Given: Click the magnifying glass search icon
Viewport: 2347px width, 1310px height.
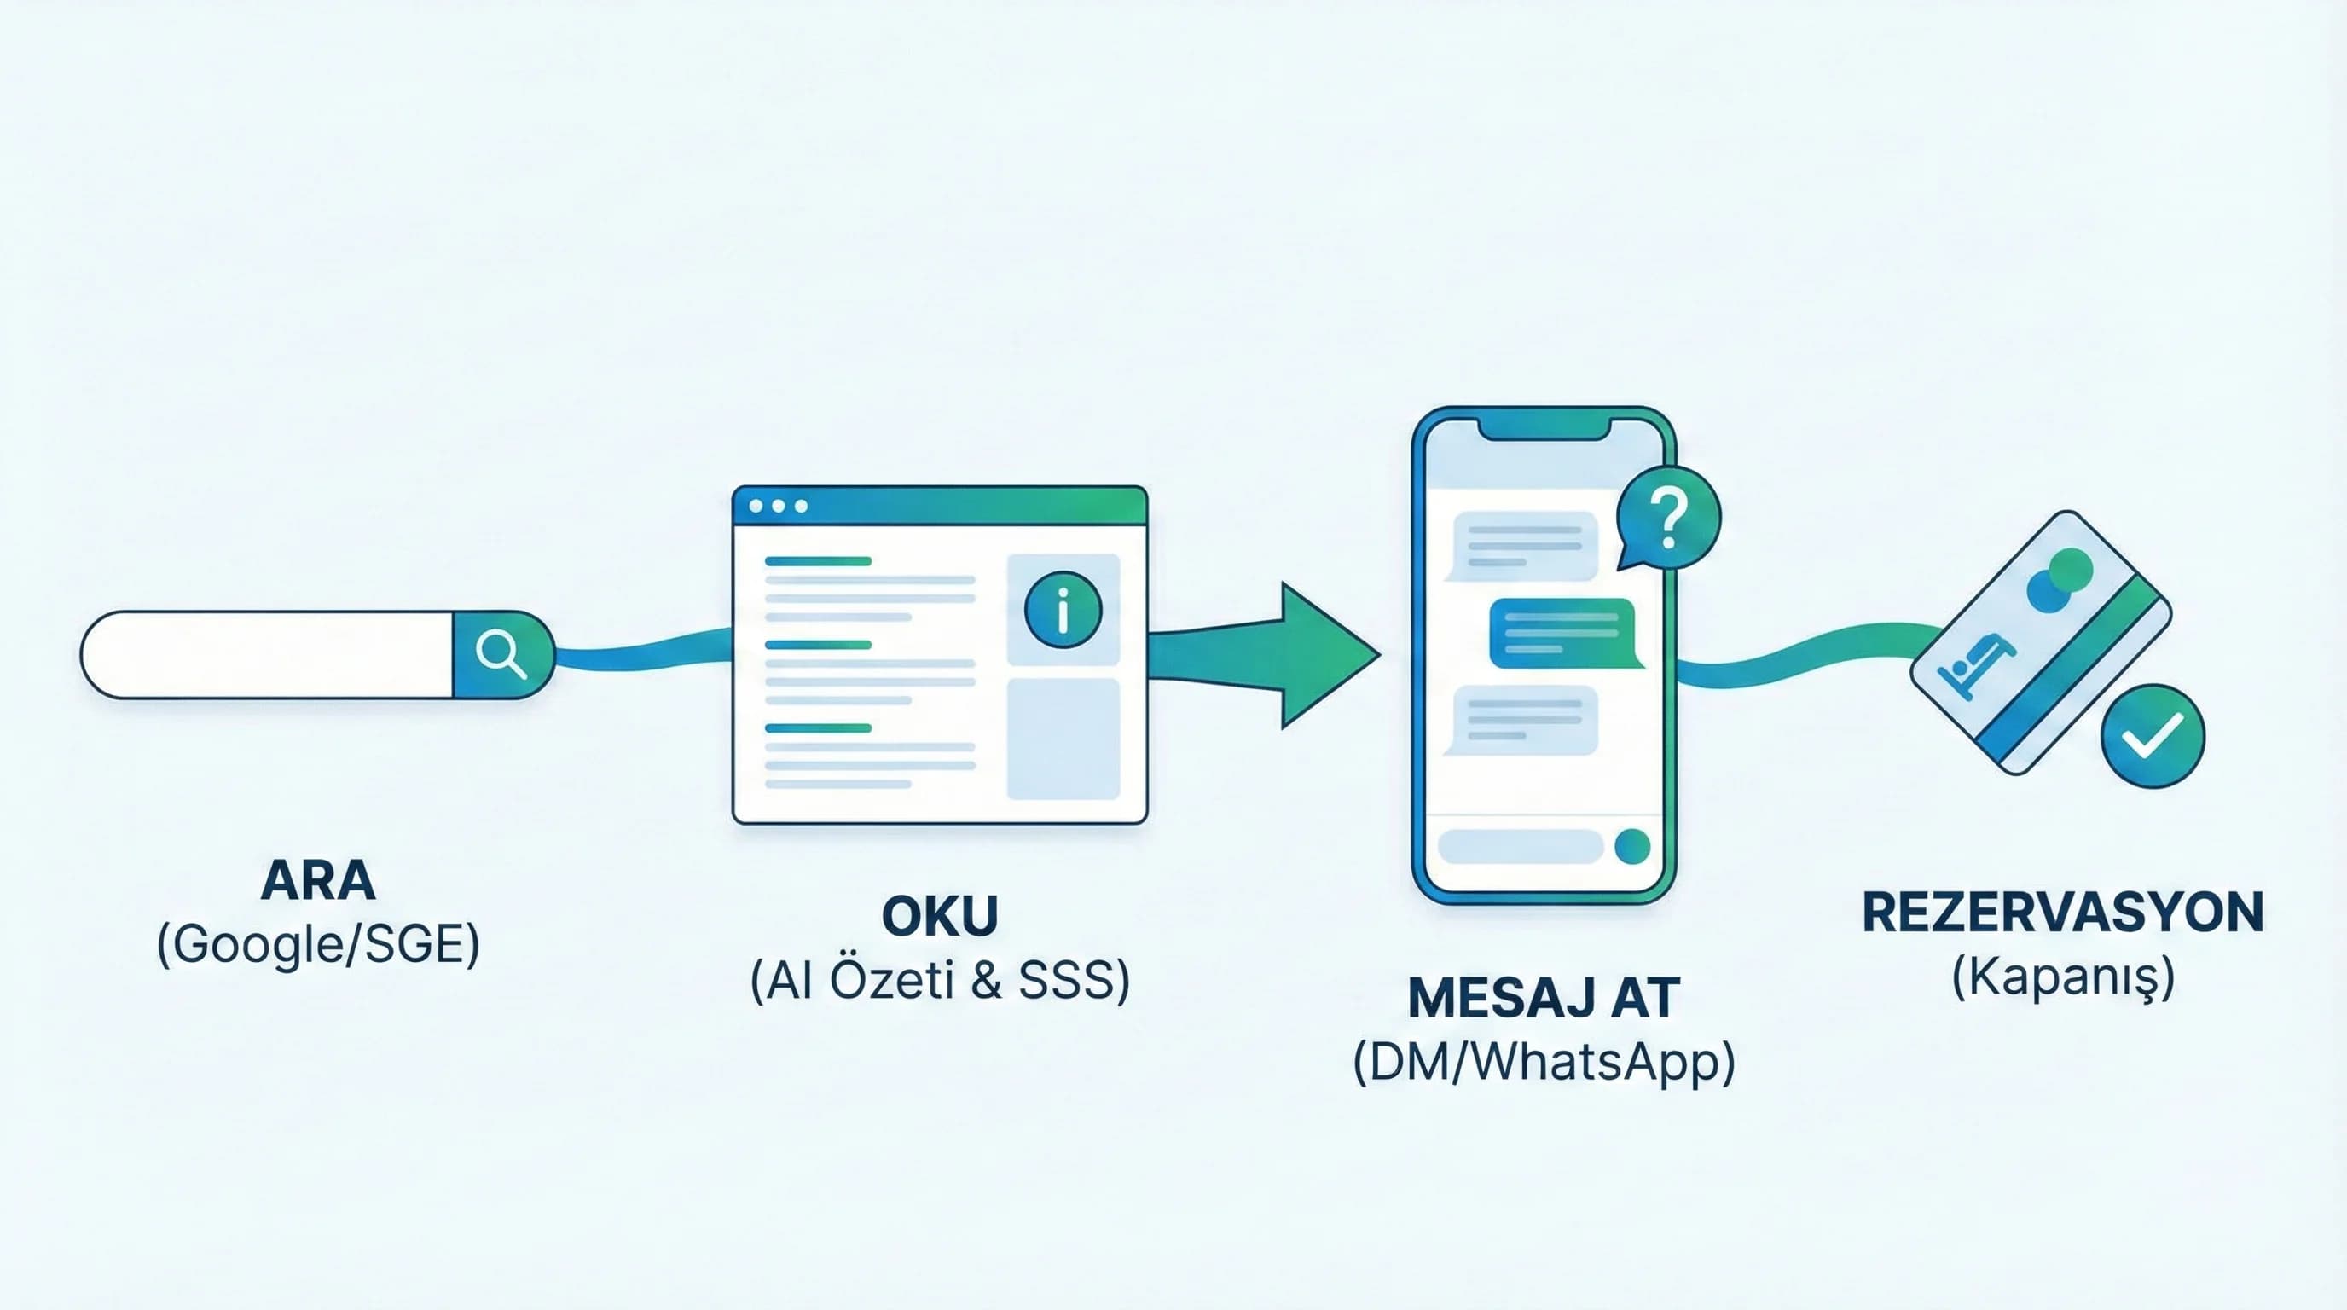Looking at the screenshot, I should click(502, 654).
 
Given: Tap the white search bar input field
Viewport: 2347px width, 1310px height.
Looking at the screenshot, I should click(268, 654).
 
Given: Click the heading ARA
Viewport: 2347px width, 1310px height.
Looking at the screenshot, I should click(318, 880).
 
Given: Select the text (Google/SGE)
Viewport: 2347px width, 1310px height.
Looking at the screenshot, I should click(318, 944).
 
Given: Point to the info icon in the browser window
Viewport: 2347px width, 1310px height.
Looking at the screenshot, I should click(1063, 610).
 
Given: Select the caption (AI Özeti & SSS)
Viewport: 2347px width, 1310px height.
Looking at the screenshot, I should click(939, 980).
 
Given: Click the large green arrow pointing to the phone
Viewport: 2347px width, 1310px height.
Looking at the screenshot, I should click(1294, 655).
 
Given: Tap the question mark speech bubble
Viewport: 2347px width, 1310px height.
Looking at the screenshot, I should click(1667, 518).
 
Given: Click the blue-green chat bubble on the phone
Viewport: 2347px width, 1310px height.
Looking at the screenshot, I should click(1562, 633).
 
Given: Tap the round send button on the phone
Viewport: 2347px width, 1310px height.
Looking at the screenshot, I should click(1631, 846).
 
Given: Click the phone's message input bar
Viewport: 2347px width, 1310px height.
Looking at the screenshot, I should click(1520, 846).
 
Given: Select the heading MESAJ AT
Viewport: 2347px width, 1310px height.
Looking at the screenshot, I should click(1544, 998).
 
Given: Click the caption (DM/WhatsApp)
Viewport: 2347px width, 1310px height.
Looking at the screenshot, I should click(1544, 1062).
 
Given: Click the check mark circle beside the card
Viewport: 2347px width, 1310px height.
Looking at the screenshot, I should click(2153, 735).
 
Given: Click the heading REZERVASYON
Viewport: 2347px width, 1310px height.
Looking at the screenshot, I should click(2063, 912).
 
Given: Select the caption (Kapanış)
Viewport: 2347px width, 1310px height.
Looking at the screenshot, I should click(2063, 977).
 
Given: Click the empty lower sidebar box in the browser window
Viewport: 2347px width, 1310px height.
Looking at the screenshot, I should click(1063, 739).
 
